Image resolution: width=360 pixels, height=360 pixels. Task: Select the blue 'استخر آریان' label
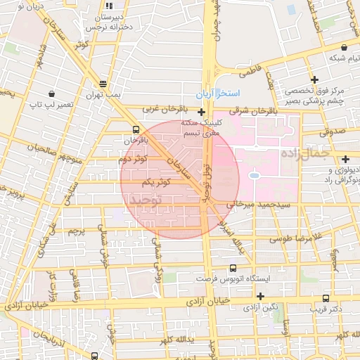[218, 94]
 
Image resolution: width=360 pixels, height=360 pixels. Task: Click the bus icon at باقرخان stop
[135, 129]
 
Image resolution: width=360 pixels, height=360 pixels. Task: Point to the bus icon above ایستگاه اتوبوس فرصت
[233, 268]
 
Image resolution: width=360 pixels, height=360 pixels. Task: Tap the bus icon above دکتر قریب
[325, 297]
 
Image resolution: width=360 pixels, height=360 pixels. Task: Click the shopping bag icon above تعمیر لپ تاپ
[51, 94]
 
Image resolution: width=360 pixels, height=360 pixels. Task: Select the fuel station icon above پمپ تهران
[104, 83]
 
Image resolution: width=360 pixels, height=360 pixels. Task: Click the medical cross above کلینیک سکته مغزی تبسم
[202, 112]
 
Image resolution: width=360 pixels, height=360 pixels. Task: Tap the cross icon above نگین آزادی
[261, 297]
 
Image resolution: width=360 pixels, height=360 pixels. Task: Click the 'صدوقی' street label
[331, 131]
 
